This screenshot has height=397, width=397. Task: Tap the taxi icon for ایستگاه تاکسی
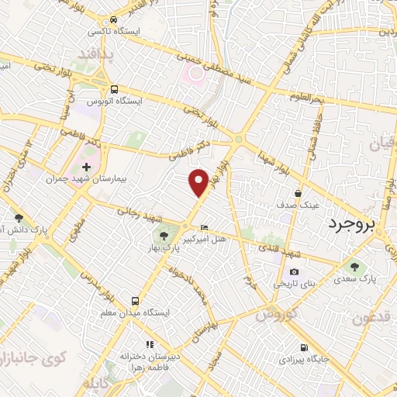point(114,19)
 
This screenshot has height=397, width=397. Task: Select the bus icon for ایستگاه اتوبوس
point(115,88)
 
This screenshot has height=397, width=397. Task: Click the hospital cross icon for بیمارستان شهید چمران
point(86,167)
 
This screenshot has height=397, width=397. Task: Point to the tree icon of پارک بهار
point(164,234)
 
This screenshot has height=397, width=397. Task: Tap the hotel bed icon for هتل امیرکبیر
point(204,227)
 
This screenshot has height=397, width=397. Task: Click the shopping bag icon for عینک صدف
point(299,193)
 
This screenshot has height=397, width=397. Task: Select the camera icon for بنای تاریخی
point(294,271)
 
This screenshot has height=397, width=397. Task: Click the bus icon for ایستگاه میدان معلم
point(136,299)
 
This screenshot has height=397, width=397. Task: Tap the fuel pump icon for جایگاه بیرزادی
point(303,347)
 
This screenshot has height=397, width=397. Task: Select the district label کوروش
point(277,315)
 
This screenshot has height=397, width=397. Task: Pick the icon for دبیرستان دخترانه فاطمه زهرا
point(150,343)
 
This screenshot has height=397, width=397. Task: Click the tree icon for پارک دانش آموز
point(19,218)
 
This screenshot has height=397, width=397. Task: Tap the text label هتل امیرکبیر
point(211,240)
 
